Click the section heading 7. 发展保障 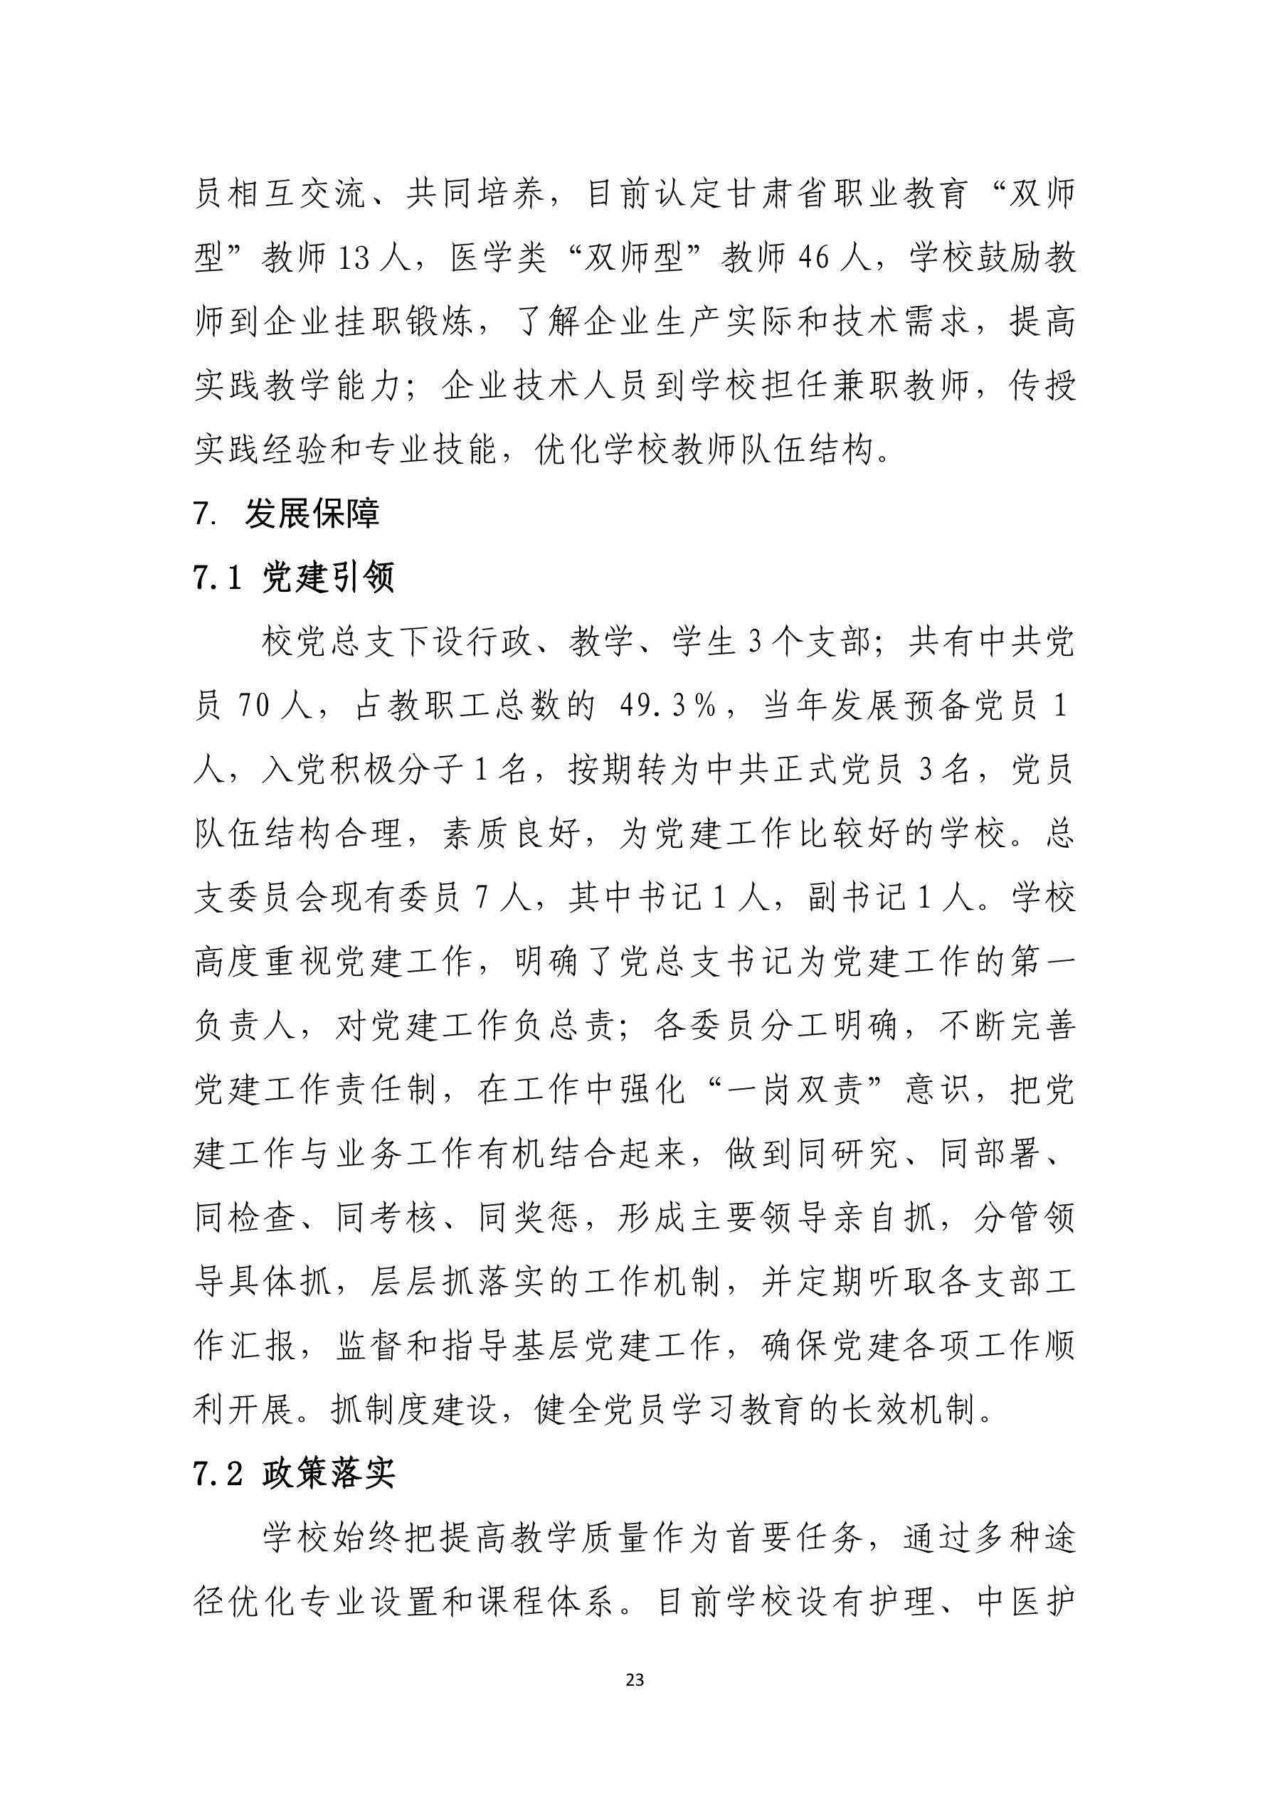287,514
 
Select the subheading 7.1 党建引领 293,578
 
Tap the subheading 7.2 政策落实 293,1474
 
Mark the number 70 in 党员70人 253,706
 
